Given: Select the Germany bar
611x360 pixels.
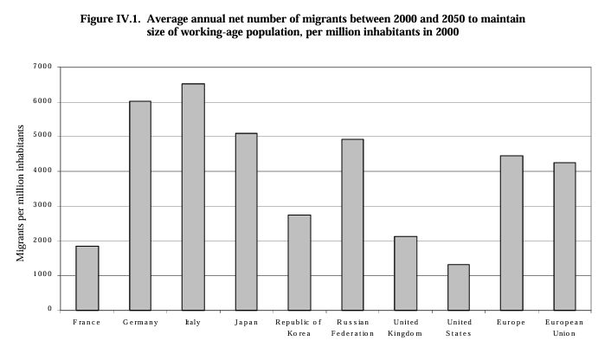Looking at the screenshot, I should pyautogui.click(x=140, y=205).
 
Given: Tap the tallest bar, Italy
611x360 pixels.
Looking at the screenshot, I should pyautogui.click(x=193, y=196).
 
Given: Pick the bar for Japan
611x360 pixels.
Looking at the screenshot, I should pyautogui.click(x=246, y=222).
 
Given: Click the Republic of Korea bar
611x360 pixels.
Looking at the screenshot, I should pyautogui.click(x=299, y=262).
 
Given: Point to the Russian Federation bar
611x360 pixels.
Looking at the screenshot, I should pyautogui.click(x=352, y=224).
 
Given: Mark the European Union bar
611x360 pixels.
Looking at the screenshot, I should pyautogui.click(x=564, y=236).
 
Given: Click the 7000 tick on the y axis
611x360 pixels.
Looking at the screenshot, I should pyautogui.click(x=43, y=67).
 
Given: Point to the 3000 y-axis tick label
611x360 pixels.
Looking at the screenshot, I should pyautogui.click(x=43, y=206).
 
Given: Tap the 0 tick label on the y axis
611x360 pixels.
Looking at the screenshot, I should pyautogui.click(x=49, y=310).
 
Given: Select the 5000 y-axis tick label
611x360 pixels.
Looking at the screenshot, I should pyautogui.click(x=43, y=136).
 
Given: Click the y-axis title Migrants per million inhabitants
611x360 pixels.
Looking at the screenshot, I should pyautogui.click(x=20, y=189).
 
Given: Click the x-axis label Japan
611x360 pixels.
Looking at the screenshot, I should pyautogui.click(x=246, y=323).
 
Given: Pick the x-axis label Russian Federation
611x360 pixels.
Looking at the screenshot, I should pyautogui.click(x=352, y=328).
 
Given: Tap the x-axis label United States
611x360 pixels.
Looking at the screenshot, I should pyautogui.click(x=458, y=328).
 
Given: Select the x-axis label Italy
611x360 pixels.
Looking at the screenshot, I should pyautogui.click(x=193, y=323).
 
